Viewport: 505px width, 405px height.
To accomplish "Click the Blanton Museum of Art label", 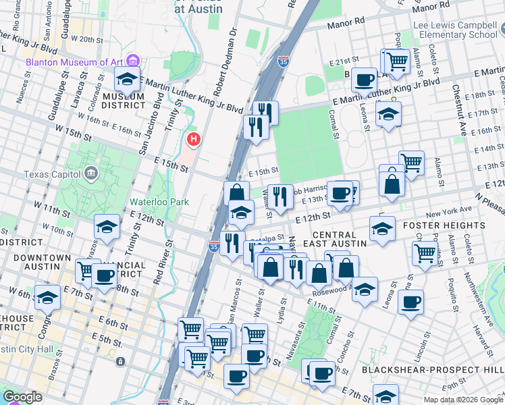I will coord(74,62).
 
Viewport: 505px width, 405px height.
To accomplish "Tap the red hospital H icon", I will coord(194,140).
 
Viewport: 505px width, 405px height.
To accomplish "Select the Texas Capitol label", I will coord(51,174).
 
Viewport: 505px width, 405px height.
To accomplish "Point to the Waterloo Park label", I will coord(159,202).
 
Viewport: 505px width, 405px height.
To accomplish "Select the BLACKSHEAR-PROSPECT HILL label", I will coord(432,370).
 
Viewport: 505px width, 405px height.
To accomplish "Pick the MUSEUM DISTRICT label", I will coord(124,101).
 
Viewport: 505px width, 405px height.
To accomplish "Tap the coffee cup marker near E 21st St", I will coord(364,80).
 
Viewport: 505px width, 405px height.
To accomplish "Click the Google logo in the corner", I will coord(22,397).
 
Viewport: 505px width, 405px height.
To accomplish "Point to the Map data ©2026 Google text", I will coord(463,400).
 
